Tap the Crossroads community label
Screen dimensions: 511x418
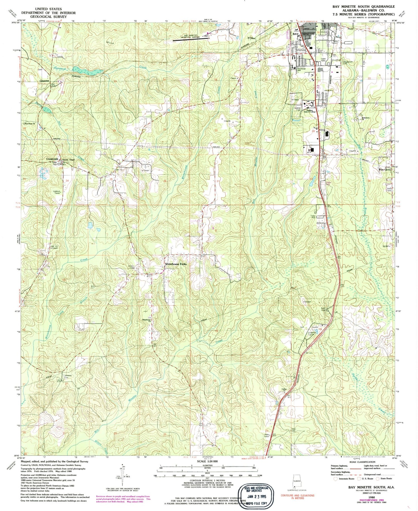[x=52, y=159]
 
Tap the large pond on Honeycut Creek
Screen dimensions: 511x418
[x=88, y=71]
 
